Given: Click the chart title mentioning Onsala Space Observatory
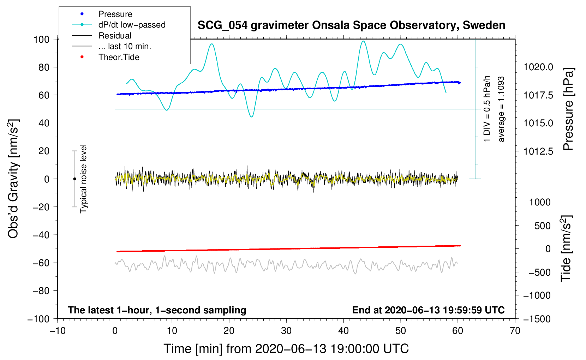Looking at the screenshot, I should [351, 25].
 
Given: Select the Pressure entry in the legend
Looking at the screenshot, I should [115, 14].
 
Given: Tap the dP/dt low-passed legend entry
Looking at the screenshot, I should [132, 25].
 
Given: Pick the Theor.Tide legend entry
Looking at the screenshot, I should [119, 57].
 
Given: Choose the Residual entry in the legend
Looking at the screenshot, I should [115, 36].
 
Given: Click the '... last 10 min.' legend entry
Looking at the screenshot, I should [125, 46].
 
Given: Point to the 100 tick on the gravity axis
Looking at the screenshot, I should [41, 39].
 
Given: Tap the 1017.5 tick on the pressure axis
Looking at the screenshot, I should [538, 95].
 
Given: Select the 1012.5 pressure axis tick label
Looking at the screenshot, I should [538, 151].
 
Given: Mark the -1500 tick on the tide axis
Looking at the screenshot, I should [537, 319].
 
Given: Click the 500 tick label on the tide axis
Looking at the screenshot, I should [542, 226].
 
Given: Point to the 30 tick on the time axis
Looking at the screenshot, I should [286, 331].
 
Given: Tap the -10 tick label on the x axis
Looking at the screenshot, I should [58, 331].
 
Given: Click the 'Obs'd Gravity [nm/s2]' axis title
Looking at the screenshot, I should [13, 179].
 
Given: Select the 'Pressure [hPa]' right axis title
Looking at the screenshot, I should [568, 109].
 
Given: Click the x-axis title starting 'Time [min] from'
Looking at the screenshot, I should [286, 349].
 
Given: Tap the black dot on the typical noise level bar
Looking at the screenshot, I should [74, 179].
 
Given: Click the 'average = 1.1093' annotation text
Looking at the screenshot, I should [501, 109].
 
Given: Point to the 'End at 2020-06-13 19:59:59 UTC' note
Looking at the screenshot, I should [428, 310].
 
